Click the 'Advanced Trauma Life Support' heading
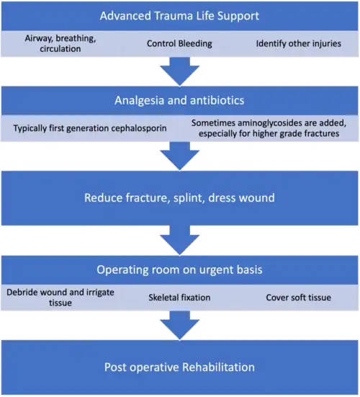click(179, 16)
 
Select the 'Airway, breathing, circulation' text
click(60, 43)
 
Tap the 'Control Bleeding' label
click(179, 43)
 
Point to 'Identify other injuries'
click(299, 43)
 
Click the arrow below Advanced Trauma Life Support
click(179, 71)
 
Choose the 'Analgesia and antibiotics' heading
click(179, 100)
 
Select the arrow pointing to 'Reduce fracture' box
click(179, 156)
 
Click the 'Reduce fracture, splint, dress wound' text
click(179, 197)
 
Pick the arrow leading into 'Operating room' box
click(179, 241)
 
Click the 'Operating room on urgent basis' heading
click(179, 270)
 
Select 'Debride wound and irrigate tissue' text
click(60, 298)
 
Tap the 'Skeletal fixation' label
click(179, 298)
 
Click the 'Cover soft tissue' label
click(299, 298)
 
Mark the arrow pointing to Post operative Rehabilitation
click(179, 326)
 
